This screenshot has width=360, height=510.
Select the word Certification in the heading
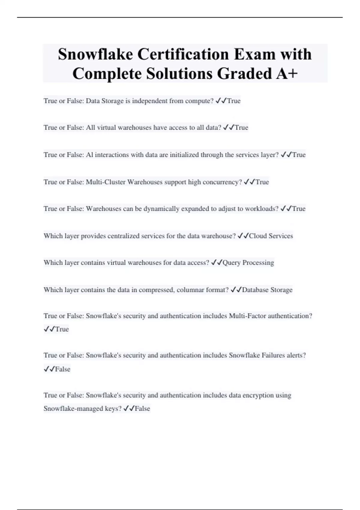click(183, 54)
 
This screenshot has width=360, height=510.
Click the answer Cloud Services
click(271, 236)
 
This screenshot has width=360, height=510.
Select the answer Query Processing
click(248, 263)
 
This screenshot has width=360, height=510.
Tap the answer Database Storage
click(267, 290)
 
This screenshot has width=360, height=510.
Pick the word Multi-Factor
click(247, 316)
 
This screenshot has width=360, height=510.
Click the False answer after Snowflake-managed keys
click(142, 409)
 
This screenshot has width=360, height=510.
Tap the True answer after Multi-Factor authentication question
click(62, 329)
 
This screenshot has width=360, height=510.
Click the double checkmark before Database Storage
click(236, 290)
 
